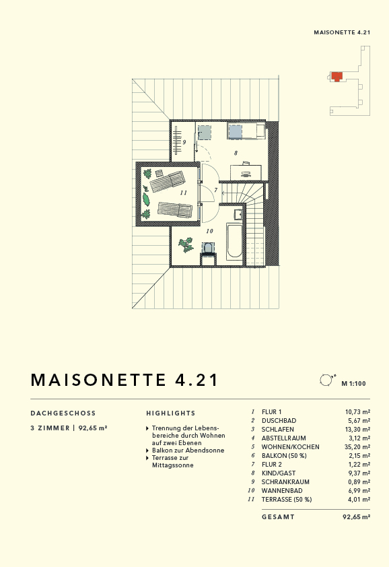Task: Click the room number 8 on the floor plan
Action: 236,154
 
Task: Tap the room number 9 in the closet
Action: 184,142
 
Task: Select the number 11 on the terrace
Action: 183,193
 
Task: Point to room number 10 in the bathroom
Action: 209,231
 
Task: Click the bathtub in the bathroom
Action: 234,242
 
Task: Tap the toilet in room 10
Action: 208,248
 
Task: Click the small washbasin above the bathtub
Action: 238,215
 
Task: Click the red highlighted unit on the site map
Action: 337,75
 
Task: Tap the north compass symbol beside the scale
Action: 326,380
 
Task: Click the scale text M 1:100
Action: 353,384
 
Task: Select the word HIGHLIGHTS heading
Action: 171,413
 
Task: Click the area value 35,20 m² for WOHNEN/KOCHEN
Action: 357,446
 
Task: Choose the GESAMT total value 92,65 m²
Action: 356,517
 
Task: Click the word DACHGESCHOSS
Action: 63,413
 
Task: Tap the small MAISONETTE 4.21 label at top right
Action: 343,32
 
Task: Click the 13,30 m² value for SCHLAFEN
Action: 357,429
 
